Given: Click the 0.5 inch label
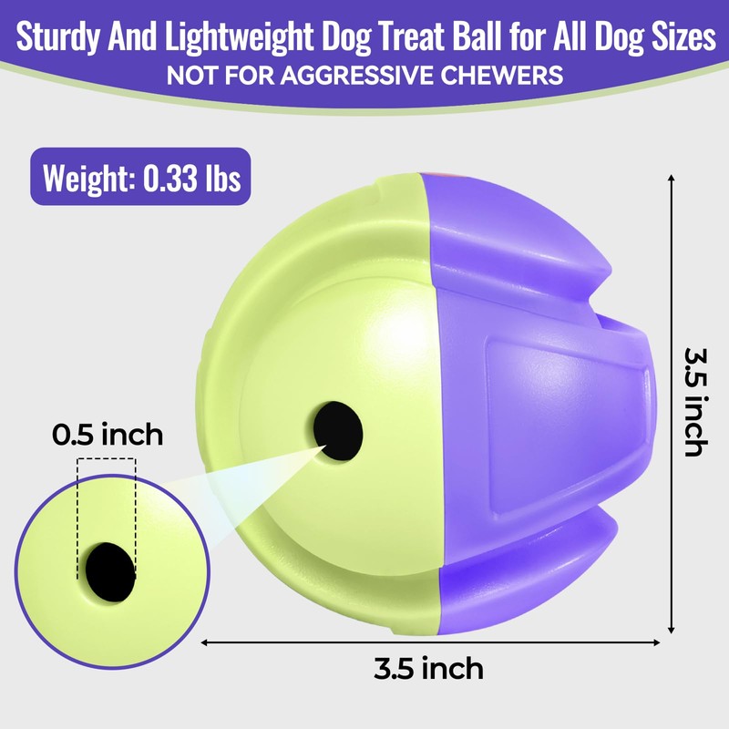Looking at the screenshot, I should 107,434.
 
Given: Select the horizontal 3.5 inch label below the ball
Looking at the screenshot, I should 428,669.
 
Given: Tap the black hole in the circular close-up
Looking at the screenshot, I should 109,570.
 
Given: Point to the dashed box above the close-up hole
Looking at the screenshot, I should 107,510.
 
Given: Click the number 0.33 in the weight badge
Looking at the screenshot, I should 174,177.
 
